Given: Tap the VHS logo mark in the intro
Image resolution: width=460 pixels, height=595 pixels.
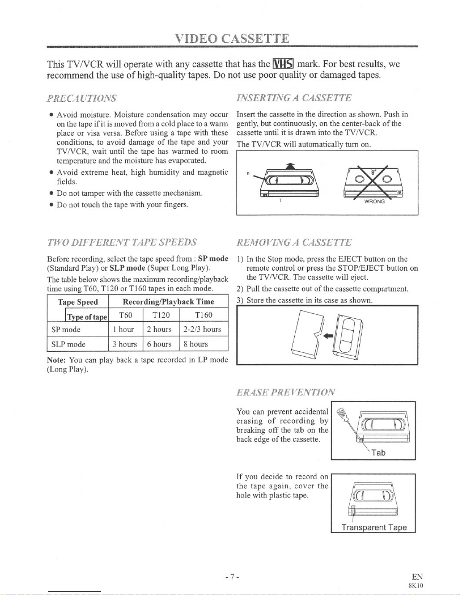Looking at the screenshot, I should pos(284,64).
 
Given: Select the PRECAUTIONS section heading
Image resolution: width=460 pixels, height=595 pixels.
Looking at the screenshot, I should pos(81,98).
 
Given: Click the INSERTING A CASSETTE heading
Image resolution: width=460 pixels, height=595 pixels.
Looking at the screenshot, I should pos(294,98).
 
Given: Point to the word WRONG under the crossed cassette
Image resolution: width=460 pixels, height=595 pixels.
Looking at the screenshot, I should pos(374,202).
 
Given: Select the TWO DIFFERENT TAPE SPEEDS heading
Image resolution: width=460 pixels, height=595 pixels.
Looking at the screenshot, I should pos(122,241).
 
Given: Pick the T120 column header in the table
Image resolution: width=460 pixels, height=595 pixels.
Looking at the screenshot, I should pos(161,315).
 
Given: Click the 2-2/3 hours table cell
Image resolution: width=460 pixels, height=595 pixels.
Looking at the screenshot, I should pos(202,330).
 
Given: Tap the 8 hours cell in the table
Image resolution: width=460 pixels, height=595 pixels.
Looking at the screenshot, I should pos(196,344).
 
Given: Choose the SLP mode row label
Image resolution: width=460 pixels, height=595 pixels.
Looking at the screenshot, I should pos(68,344).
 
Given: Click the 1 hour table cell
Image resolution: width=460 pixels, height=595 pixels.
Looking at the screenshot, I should pos(124,330).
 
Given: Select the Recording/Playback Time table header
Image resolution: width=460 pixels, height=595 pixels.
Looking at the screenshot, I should pos(168,302).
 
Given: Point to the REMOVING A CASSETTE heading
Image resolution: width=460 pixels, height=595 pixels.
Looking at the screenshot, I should pos(294,242).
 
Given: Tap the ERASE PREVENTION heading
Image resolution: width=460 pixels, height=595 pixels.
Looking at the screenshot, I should pos(285,392).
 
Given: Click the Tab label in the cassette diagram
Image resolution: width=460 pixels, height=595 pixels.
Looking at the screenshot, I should pos(378,453).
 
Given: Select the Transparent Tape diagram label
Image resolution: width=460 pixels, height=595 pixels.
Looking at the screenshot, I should pos(374,527).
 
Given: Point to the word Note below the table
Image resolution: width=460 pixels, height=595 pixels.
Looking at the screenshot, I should pos(56,360).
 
